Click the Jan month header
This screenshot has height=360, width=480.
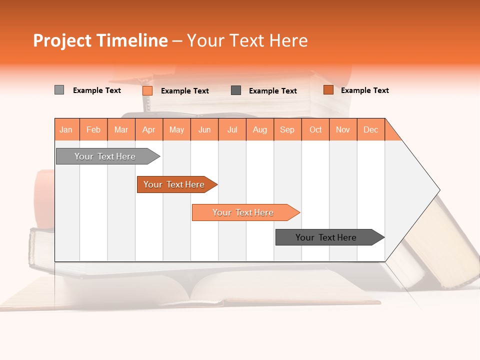[x=66, y=129]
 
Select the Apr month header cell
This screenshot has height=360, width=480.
[x=149, y=129]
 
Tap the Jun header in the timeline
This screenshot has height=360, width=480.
[x=204, y=129]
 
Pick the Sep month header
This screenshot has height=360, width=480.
[x=287, y=129]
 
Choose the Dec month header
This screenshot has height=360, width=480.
[x=370, y=129]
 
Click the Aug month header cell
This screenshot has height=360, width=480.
[x=260, y=129]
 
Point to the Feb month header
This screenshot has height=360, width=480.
[x=93, y=129]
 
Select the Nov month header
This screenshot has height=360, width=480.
[x=343, y=129]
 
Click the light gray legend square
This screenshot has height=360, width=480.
[x=59, y=90]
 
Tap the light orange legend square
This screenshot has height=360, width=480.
[x=147, y=90]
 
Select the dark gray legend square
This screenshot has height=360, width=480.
[x=236, y=90]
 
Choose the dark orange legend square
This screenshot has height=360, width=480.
[x=328, y=90]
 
